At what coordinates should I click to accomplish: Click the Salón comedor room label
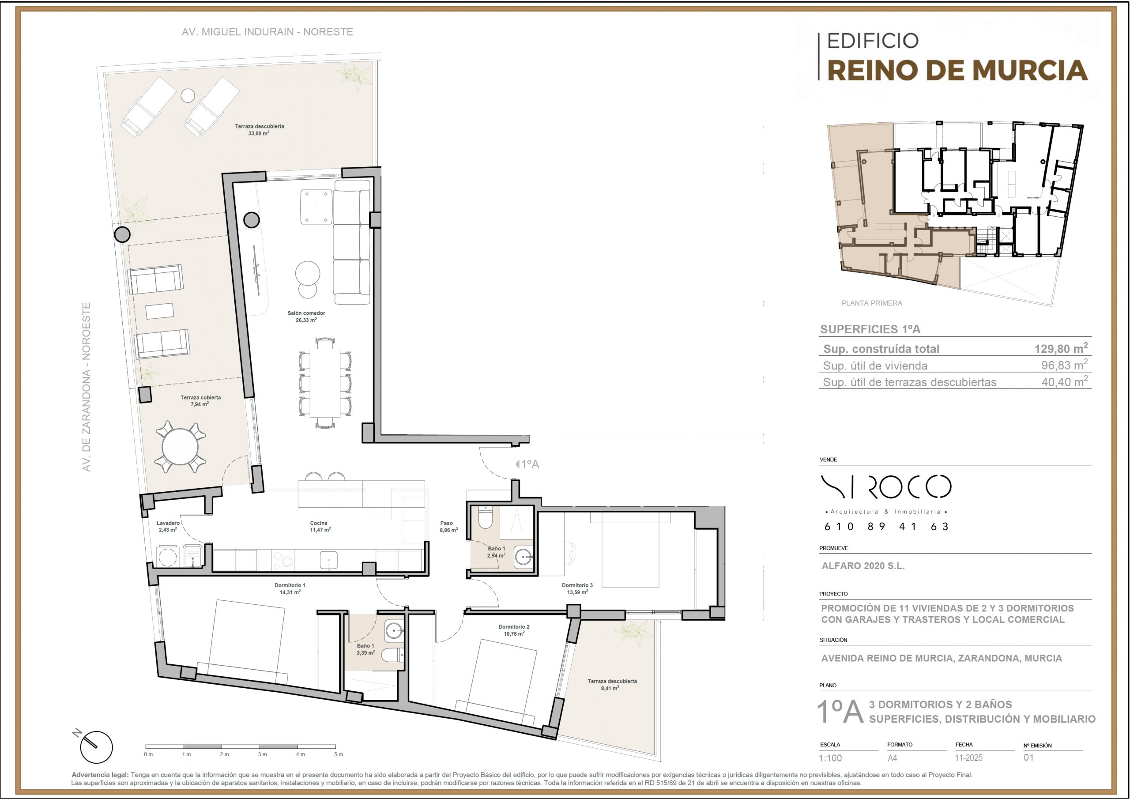click(x=306, y=313)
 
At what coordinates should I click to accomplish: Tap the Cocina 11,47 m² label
click(x=320, y=526)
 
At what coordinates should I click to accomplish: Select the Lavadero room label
click(x=168, y=523)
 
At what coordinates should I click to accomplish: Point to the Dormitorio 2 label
click(x=514, y=627)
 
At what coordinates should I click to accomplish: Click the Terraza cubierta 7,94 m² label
click(x=200, y=401)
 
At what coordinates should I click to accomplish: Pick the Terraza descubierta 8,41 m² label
click(x=612, y=685)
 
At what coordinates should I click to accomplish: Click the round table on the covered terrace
click(x=180, y=447)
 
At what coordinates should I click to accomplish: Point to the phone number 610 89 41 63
click(x=886, y=527)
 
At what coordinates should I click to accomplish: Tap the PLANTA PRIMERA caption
click(x=872, y=303)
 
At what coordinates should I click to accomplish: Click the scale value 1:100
click(x=830, y=758)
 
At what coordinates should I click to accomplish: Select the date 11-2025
click(x=968, y=758)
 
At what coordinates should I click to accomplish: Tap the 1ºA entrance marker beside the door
click(x=527, y=464)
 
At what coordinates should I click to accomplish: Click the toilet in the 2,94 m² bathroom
click(x=485, y=518)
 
